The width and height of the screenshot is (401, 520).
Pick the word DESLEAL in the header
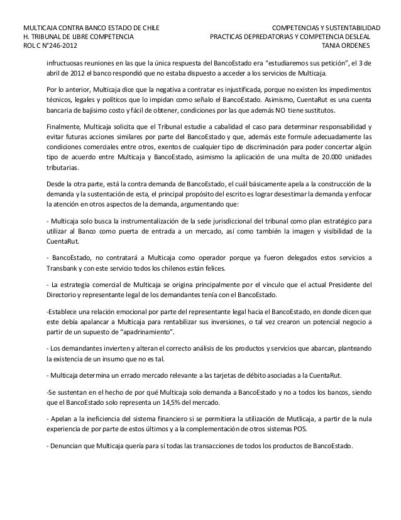click(363, 37)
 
